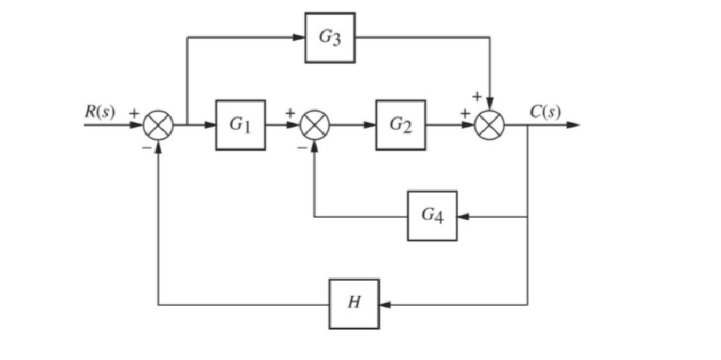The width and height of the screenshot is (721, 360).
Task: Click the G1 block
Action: pyautogui.click(x=240, y=125)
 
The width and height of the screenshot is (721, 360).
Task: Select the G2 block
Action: pyautogui.click(x=400, y=125)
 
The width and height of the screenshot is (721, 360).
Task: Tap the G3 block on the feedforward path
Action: pyautogui.click(x=330, y=37)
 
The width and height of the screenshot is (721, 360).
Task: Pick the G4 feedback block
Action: pyautogui.click(x=432, y=216)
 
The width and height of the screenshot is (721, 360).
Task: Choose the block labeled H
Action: pyautogui.click(x=354, y=304)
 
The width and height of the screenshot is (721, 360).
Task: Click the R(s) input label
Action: pyautogui.click(x=100, y=112)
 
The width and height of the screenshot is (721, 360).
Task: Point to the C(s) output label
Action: pyautogui.click(x=546, y=112)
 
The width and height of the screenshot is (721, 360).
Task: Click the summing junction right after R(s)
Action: pyautogui.click(x=159, y=125)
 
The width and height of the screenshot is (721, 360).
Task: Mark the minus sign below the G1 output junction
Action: pyautogui.click(x=301, y=146)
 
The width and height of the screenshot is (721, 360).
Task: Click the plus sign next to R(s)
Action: pyautogui.click(x=134, y=112)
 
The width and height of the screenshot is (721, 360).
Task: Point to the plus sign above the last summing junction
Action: pyautogui.click(x=477, y=97)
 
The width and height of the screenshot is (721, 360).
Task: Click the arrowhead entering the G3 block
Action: pyautogui.click(x=299, y=37)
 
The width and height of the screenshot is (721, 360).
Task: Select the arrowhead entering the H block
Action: pyautogui.click(x=385, y=304)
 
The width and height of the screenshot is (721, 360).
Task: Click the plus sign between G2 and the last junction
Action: pyautogui.click(x=463, y=112)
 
